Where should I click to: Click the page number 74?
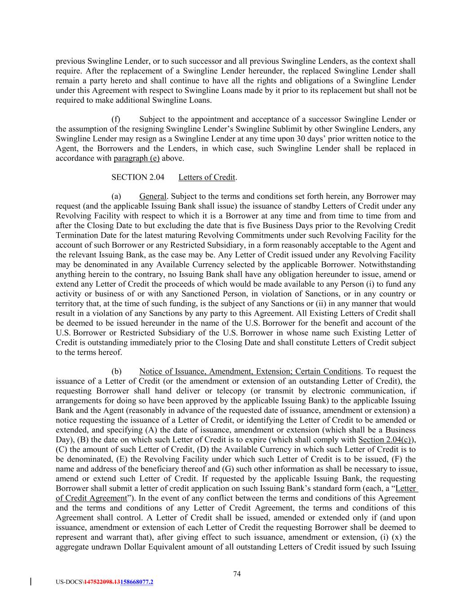point(237,573)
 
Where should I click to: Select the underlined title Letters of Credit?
point(207,177)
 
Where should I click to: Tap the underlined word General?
point(153,197)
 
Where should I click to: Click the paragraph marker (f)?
point(116,119)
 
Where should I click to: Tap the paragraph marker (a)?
point(116,197)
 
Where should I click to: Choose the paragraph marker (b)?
point(116,371)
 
